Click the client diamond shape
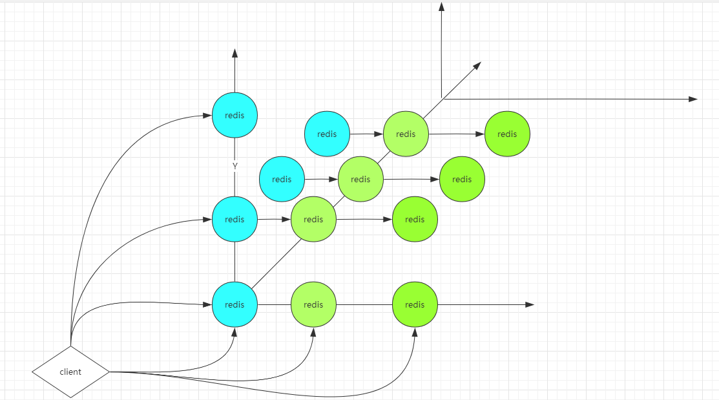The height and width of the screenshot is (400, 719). click(70, 372)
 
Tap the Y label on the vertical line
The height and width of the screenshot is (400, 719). click(235, 166)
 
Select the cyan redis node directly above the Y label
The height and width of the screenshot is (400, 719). click(234, 115)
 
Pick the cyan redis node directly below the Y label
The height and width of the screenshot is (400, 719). click(234, 220)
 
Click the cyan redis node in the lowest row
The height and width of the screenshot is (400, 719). click(234, 304)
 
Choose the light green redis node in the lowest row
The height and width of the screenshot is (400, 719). click(313, 304)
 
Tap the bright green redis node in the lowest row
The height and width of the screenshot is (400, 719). click(415, 304)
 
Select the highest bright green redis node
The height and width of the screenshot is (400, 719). click(507, 134)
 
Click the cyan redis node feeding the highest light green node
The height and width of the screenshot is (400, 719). click(327, 134)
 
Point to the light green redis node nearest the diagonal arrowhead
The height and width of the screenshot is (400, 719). click(406, 134)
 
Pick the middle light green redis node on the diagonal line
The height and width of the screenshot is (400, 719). click(360, 179)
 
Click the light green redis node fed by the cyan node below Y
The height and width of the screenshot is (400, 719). click(313, 220)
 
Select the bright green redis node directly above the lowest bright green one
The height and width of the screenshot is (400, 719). click(415, 220)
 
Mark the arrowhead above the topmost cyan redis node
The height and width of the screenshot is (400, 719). click(234, 53)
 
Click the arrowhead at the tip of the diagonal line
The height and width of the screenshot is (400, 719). click(477, 65)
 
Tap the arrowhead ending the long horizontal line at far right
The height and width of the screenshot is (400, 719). click(693, 99)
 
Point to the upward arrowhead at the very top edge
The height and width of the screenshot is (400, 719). click(442, 6)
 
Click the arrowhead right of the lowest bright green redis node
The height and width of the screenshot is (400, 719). click(530, 304)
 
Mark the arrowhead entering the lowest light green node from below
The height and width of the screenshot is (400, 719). click(313, 332)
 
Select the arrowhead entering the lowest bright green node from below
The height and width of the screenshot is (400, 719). click(415, 332)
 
